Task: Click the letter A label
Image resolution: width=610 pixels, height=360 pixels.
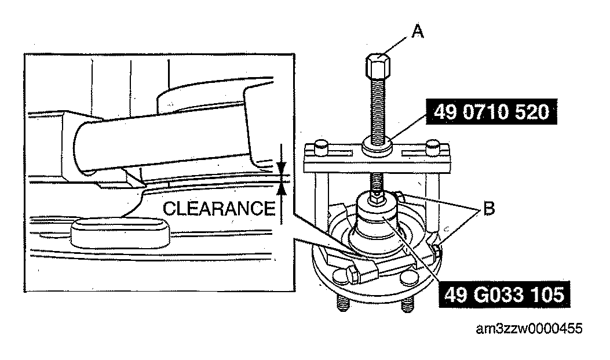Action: (418, 31)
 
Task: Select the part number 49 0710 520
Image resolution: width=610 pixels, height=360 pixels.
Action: (491, 112)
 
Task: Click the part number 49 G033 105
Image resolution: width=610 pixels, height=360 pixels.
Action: (504, 294)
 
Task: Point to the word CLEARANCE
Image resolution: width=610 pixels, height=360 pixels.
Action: (218, 209)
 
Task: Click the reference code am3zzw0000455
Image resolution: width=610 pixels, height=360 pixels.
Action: (529, 329)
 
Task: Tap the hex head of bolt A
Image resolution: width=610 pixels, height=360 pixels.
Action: (378, 66)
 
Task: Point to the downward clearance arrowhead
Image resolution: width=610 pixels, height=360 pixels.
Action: (282, 168)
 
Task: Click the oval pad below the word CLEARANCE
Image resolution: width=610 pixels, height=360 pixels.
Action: (120, 232)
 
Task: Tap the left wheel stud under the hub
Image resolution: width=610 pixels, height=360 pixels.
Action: (342, 303)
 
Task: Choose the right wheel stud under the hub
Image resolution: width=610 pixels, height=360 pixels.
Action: (407, 304)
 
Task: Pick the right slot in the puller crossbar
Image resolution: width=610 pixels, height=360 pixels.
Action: (415, 153)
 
